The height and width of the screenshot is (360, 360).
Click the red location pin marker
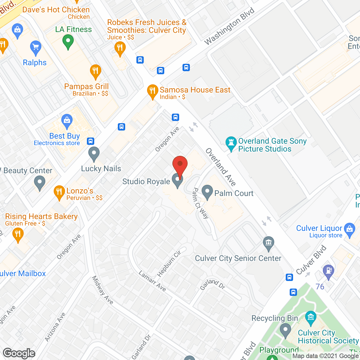click(x=180, y=165)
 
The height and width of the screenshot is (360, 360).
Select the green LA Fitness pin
click(x=68, y=41)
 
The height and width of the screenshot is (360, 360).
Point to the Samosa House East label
click(x=195, y=90)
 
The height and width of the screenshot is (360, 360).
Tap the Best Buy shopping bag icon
click(x=67, y=121)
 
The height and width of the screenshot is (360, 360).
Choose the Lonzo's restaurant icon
click(x=59, y=192)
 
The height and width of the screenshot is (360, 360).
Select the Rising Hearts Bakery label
click(x=41, y=217)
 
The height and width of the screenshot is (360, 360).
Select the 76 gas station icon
click(x=328, y=271)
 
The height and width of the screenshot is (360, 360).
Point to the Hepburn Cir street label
click(x=169, y=264)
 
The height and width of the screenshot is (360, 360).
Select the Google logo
click(x=19, y=353)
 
